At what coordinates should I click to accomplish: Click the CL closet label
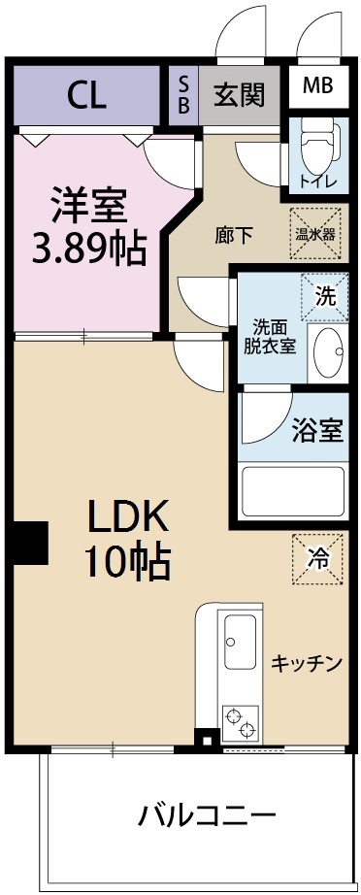pyautogui.click(x=86, y=95)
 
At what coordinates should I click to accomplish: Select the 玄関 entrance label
pyautogui.click(x=238, y=94)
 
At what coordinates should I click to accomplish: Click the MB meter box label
pyautogui.click(x=317, y=85)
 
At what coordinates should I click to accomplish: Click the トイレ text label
pyautogui.click(x=317, y=181)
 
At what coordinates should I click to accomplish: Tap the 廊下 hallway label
pyautogui.click(x=234, y=233)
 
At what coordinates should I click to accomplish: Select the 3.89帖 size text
pyautogui.click(x=88, y=250)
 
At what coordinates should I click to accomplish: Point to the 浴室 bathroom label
pyautogui.click(x=317, y=430)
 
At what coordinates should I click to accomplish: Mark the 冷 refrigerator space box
pyautogui.click(x=318, y=560)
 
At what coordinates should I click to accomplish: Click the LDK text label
pyautogui.click(x=129, y=517)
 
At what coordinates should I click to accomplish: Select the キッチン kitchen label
pyautogui.click(x=307, y=664)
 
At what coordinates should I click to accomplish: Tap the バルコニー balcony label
pyautogui.click(x=206, y=812)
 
